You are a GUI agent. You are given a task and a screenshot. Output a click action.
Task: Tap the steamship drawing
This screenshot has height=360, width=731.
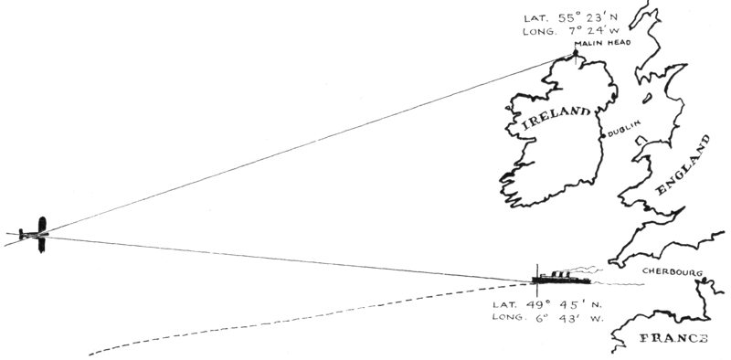pyautogui.click(x=561, y=279)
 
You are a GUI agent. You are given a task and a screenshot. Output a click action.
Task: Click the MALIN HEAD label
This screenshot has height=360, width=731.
pyautogui.click(x=602, y=43)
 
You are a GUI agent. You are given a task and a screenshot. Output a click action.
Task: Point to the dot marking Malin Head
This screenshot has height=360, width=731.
pyautogui.click(x=576, y=53)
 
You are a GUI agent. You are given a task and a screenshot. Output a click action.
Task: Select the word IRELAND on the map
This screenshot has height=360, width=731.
pyautogui.click(x=556, y=118)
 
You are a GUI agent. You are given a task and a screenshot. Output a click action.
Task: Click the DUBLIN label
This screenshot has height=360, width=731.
pyautogui.click(x=624, y=128)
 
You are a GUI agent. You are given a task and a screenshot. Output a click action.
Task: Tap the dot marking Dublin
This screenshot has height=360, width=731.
pyautogui.click(x=603, y=136)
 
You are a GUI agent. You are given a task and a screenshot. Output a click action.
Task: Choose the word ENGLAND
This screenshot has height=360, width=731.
pyautogui.click(x=683, y=165)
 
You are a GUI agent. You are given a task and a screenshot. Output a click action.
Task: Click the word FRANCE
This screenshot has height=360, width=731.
pyautogui.click(x=673, y=339)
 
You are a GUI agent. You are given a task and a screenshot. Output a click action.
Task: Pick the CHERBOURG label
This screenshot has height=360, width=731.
pyautogui.click(x=673, y=272)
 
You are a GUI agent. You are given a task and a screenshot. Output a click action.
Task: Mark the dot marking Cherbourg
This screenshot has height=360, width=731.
pyautogui.click(x=705, y=280)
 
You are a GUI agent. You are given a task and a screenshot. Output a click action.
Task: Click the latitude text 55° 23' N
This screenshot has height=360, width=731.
pyautogui.click(x=588, y=18)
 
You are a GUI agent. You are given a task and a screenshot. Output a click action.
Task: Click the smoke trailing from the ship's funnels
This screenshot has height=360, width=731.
pyautogui.click(x=585, y=270)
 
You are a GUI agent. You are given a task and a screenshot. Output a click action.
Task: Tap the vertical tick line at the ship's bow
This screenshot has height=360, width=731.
pyautogui.click(x=537, y=281)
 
